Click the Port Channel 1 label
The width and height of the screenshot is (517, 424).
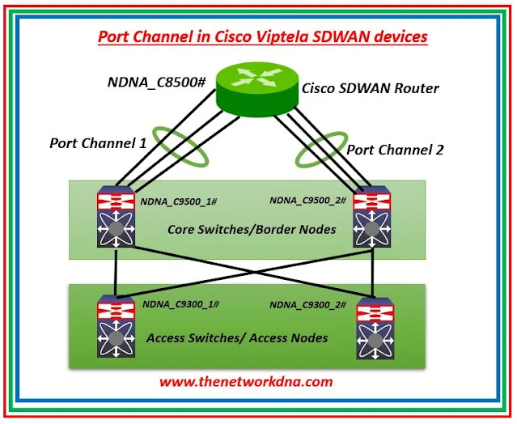click(x=98, y=143)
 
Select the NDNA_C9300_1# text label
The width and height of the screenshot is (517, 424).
click(x=181, y=304)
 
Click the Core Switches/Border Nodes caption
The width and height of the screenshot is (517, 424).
click(x=252, y=230)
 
